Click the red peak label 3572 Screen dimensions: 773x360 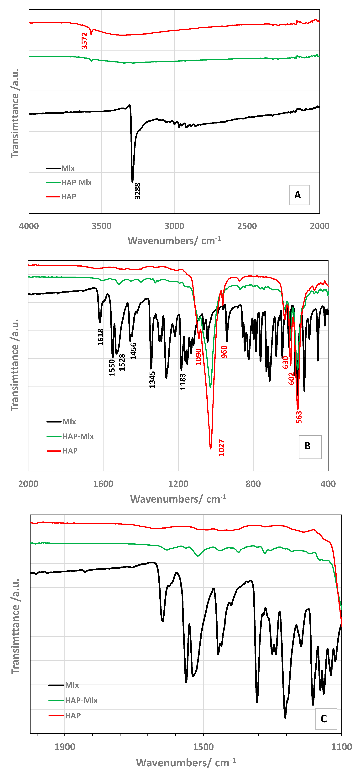coord(84,41)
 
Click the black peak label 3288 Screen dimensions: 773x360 coord(137,191)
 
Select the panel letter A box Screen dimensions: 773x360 coord(299,195)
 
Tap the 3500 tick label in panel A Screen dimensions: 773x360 coord(101,226)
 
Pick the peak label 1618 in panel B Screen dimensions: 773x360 coord(101,337)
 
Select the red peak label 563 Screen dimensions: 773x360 coord(299,417)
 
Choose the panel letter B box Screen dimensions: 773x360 coord(310,447)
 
